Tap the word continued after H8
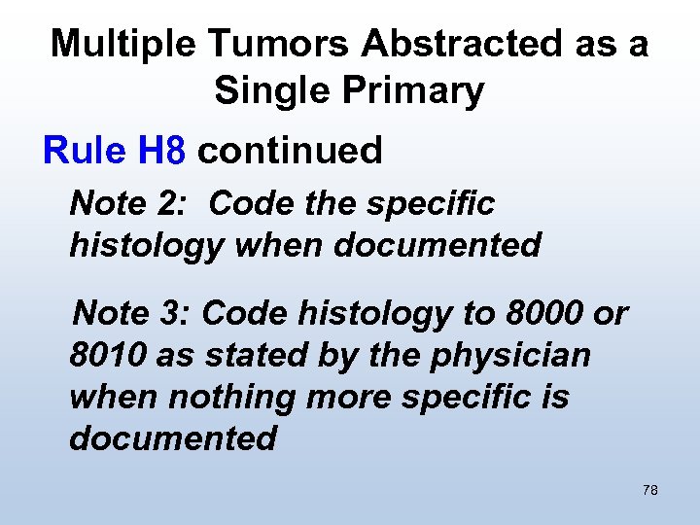tap(290, 151)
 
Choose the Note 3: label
tap(136, 314)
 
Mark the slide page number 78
tap(650, 490)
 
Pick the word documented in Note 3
tap(173, 438)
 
